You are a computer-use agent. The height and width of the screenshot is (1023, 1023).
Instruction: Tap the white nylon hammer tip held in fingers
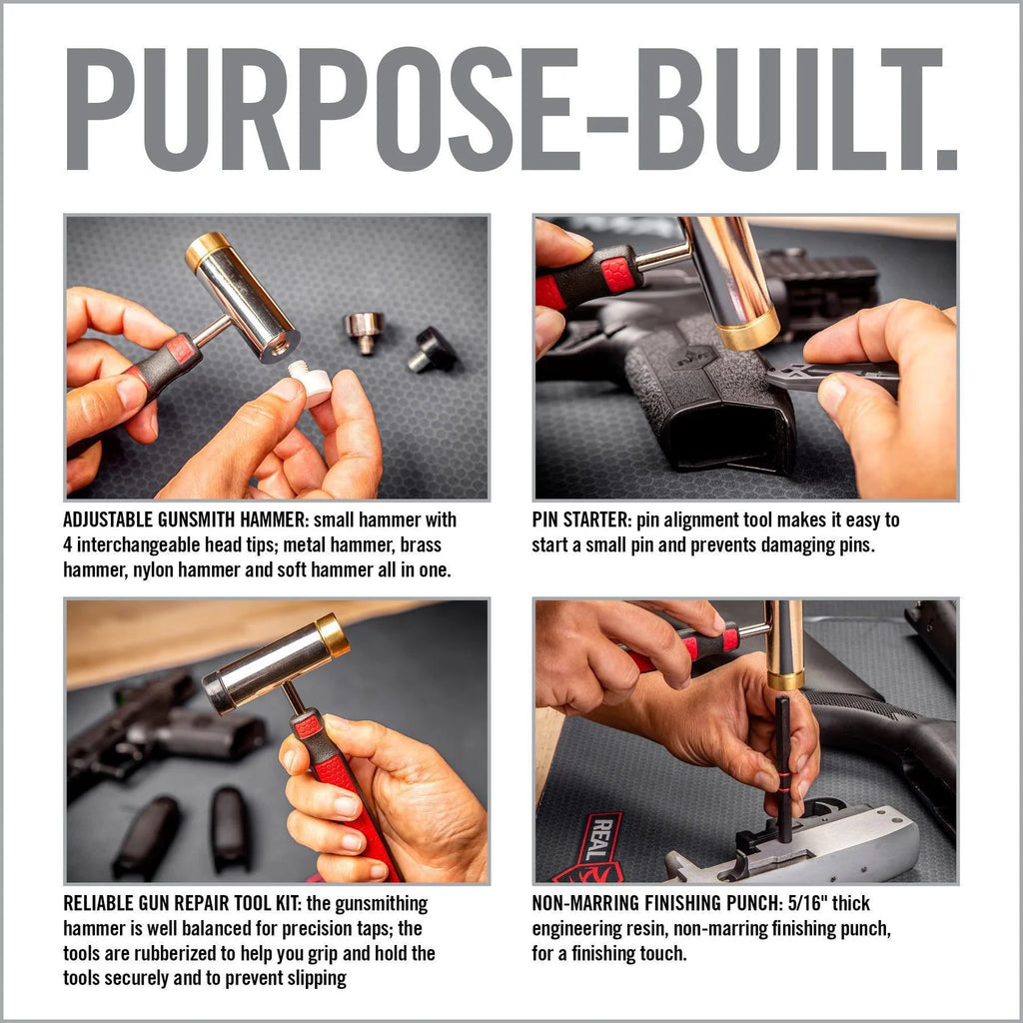click(311, 384)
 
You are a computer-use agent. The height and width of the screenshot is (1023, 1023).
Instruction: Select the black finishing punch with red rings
click(782, 770)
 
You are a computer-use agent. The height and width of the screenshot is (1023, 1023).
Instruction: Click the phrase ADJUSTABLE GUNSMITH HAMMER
click(185, 519)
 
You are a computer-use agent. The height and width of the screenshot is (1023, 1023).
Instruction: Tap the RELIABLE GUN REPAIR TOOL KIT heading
click(182, 903)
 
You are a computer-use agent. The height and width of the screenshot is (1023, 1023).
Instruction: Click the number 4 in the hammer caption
click(68, 544)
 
